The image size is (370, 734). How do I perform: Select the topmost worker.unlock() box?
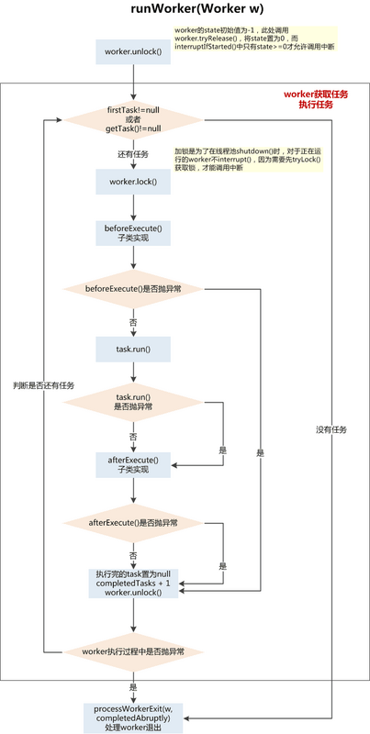pyautogui.click(x=133, y=51)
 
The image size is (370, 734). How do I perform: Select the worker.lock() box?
pyautogui.click(x=133, y=182)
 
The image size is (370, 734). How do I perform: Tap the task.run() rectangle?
pyautogui.click(x=133, y=350)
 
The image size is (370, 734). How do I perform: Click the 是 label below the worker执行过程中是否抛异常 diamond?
pyautogui.click(x=133, y=686)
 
